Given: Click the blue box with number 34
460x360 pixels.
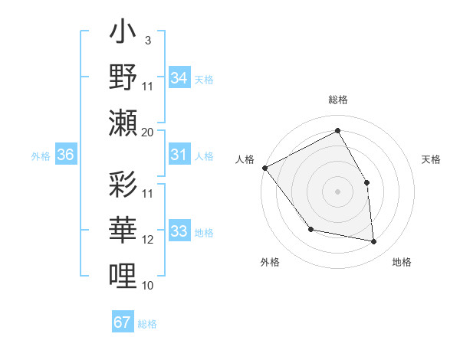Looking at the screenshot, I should pyautogui.click(x=179, y=77).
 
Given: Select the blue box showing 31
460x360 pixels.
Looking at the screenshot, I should pyautogui.click(x=179, y=155).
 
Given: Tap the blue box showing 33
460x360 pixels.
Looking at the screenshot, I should pyautogui.click(x=179, y=232).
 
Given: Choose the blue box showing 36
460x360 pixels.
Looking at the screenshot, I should pyautogui.click(x=65, y=155).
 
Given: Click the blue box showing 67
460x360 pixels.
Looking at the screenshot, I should pyautogui.click(x=122, y=322).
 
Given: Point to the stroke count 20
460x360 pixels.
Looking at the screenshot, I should pyautogui.click(x=148, y=132).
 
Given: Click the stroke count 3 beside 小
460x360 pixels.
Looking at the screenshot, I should pyautogui.click(x=148, y=39).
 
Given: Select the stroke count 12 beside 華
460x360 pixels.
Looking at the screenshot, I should pyautogui.click(x=148, y=240).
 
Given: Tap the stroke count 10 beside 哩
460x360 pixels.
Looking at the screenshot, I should pyautogui.click(x=148, y=286).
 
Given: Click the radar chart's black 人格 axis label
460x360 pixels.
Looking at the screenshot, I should pyautogui.click(x=245, y=159).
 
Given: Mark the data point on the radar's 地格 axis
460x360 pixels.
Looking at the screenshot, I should pyautogui.click(x=374, y=242).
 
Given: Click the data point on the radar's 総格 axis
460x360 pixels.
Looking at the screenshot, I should pyautogui.click(x=337, y=130).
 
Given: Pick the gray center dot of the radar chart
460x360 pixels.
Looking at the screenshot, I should pyautogui.click(x=337, y=191).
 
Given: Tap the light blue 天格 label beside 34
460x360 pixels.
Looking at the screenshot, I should pyautogui.click(x=203, y=78).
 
